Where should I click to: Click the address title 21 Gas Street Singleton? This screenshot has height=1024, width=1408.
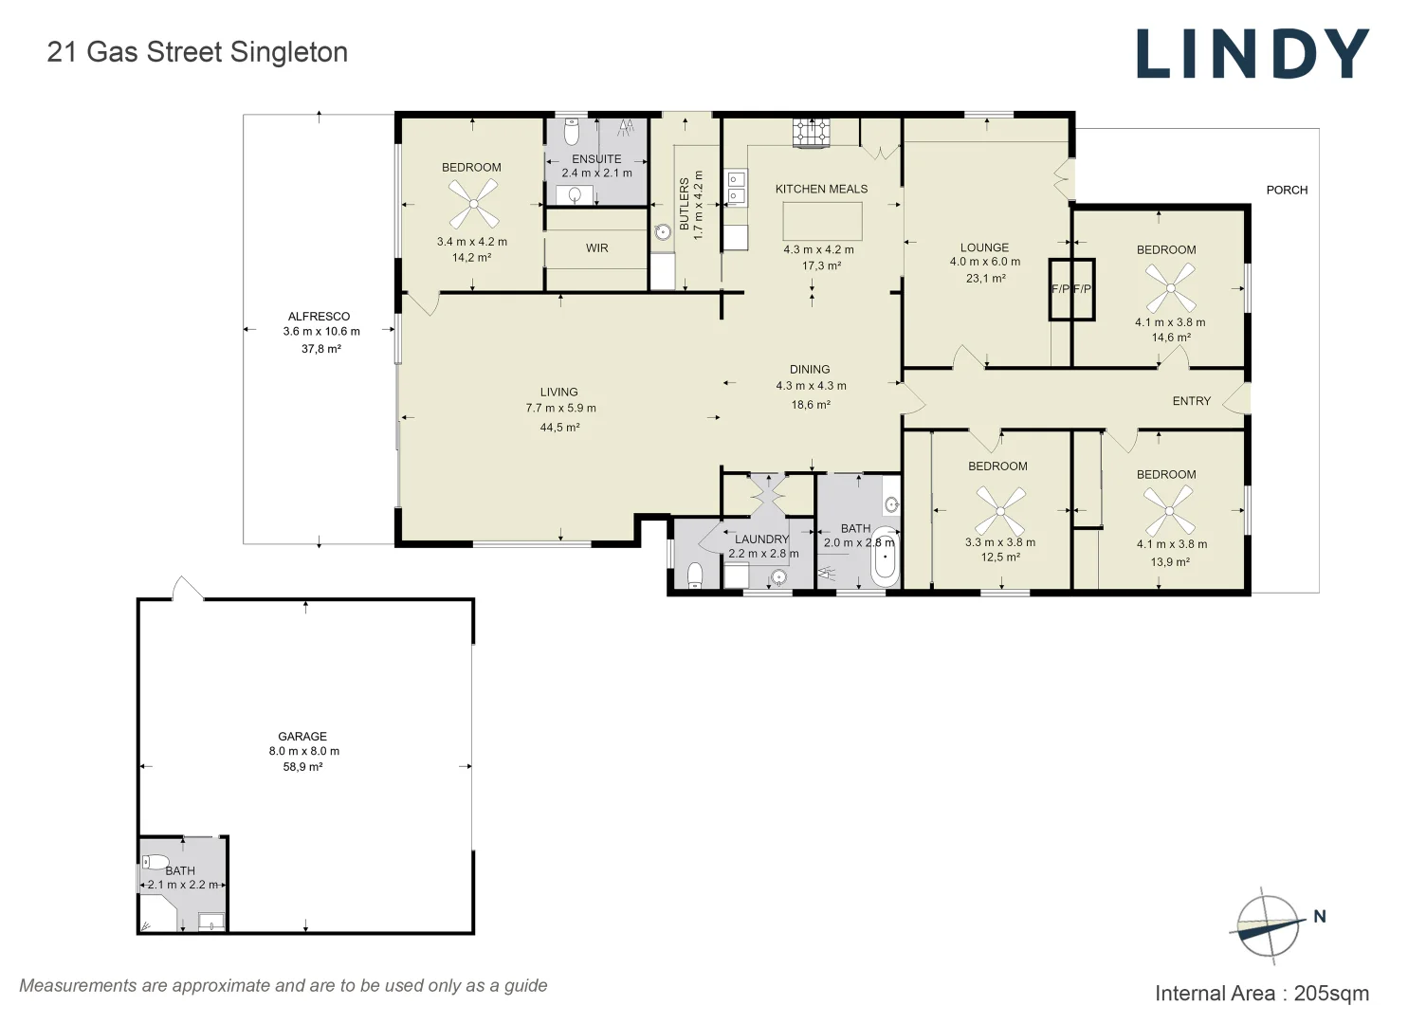click(x=197, y=52)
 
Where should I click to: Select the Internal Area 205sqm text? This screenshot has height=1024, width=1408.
click(x=1262, y=993)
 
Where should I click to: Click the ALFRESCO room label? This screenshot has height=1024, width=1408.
click(x=319, y=316)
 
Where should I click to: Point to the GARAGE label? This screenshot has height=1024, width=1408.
click(x=302, y=736)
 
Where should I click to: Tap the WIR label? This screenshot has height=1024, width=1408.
click(x=596, y=248)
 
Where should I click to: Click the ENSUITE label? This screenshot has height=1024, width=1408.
click(x=595, y=159)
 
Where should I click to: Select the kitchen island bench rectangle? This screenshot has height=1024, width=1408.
click(x=822, y=221)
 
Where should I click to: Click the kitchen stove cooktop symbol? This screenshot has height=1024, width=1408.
click(x=812, y=133)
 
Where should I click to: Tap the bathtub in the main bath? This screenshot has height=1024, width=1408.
click(x=885, y=557)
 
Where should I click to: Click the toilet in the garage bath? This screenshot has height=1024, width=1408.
click(x=155, y=861)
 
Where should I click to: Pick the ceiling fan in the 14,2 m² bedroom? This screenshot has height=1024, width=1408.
click(x=473, y=204)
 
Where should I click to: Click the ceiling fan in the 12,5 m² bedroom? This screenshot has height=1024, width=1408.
click(x=1000, y=511)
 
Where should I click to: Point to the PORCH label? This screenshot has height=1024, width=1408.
click(x=1287, y=190)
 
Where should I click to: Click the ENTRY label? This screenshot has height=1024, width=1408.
click(x=1191, y=401)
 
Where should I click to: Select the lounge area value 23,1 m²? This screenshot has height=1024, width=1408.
click(x=986, y=278)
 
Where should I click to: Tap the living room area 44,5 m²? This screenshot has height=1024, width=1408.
click(x=559, y=427)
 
